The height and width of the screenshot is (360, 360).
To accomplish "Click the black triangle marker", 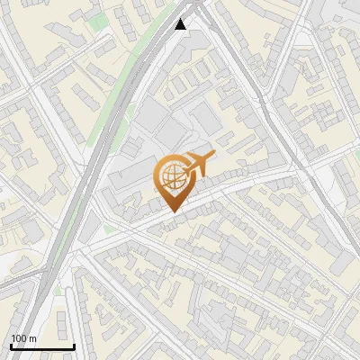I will coord(181,24).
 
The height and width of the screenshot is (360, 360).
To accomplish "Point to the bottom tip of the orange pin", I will coord(171,212).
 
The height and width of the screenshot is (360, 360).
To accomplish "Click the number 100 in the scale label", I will coord(20,338).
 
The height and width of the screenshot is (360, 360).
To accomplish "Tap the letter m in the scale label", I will coord(33,338).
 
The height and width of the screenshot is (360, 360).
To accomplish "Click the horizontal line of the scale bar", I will coord(42,346).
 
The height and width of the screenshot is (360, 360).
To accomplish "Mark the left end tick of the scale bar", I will coord(11,345).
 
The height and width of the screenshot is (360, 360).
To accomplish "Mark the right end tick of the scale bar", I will coord(74,345).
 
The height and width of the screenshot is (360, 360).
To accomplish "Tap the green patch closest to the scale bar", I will coord(60,290).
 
